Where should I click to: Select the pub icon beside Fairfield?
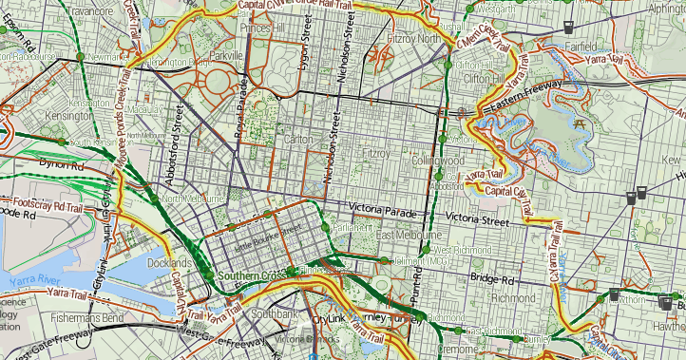(568, 26)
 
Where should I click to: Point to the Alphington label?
(665, 9)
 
